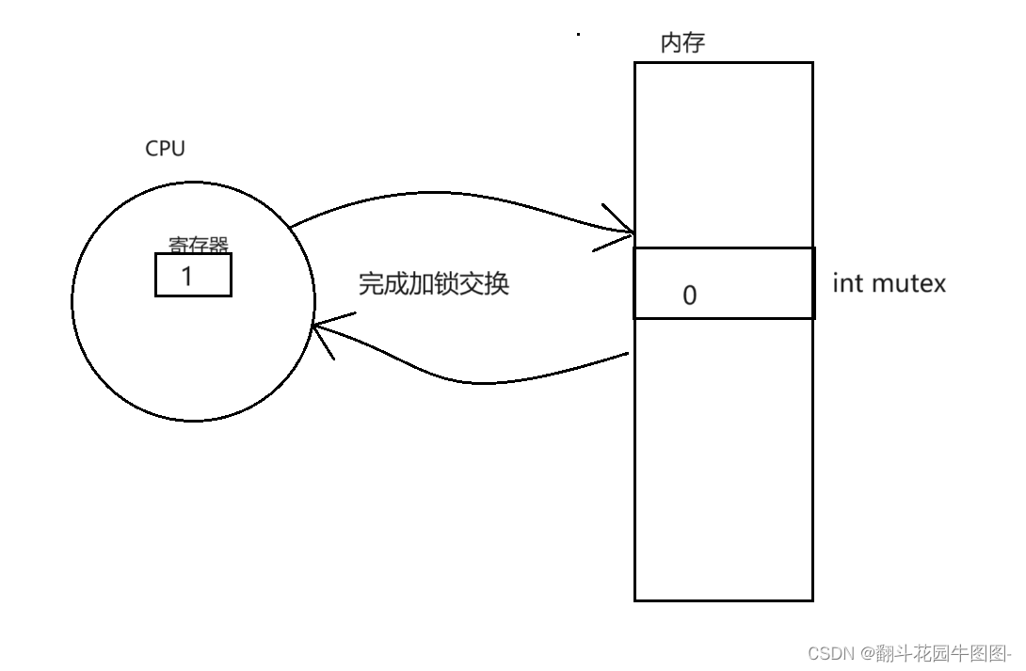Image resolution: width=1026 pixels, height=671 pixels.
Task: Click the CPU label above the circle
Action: [165, 149]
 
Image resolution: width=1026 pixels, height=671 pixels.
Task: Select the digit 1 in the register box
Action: [186, 276]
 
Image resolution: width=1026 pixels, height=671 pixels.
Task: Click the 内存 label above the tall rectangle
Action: [682, 43]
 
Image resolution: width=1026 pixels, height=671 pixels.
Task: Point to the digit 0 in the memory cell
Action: [689, 296]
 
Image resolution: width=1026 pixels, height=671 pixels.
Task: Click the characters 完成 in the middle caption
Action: [382, 283]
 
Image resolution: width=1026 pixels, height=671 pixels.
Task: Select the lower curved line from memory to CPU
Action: [471, 381]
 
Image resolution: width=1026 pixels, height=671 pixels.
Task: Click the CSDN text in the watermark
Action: [828, 652]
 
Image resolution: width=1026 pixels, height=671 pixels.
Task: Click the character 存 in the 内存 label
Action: [694, 43]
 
